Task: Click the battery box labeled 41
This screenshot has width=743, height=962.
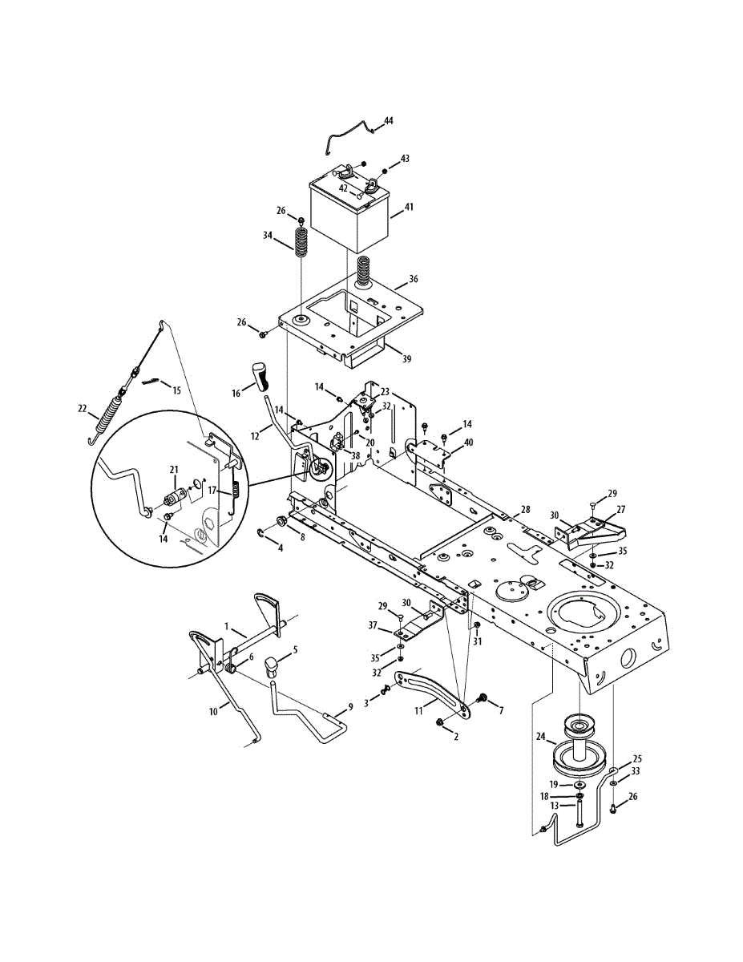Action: [x=349, y=210]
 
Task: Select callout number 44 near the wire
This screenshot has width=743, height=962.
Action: [x=388, y=120]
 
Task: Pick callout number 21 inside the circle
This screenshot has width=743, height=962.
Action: [x=173, y=471]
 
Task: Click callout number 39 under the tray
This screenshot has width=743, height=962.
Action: [x=406, y=358]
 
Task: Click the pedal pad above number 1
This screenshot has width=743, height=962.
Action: [x=267, y=605]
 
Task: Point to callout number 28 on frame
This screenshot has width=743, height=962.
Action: [x=525, y=510]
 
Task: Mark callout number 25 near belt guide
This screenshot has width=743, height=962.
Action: [x=637, y=758]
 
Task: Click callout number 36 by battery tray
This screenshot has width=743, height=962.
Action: [x=413, y=280]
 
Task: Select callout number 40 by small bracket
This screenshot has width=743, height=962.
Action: [x=469, y=442]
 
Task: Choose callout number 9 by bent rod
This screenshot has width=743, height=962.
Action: [x=350, y=707]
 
